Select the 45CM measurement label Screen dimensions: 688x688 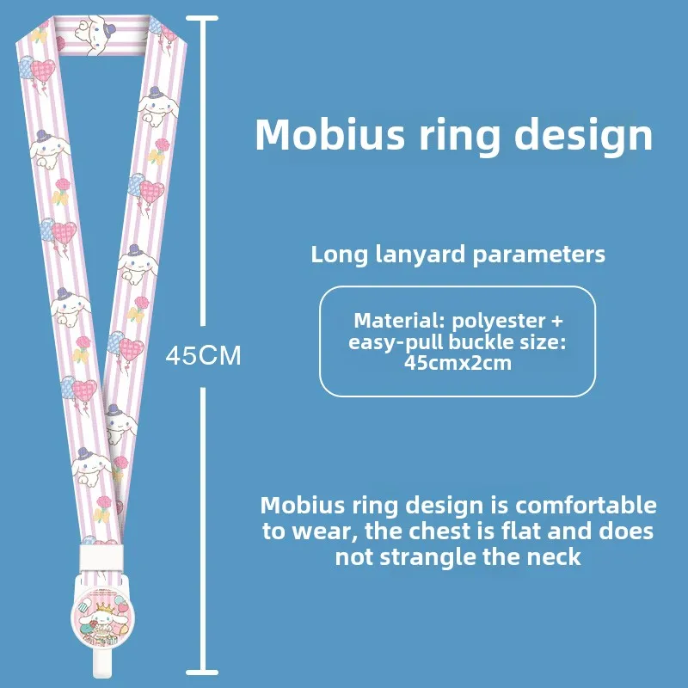click(203, 355)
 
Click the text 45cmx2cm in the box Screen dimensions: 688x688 click(458, 362)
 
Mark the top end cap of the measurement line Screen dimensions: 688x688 click(202, 18)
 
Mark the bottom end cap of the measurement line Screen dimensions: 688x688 click(202, 670)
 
